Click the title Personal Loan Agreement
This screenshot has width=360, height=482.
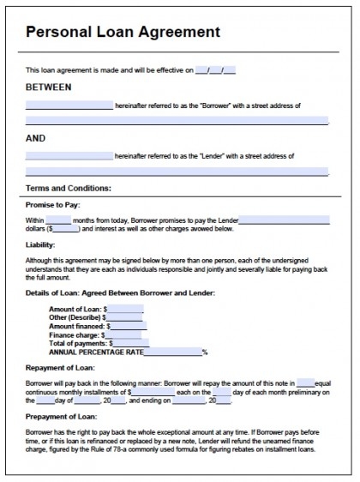click(123, 32)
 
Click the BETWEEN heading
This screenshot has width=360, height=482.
click(49, 87)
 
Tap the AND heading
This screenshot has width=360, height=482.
click(35, 137)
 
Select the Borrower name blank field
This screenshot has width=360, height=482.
click(69, 105)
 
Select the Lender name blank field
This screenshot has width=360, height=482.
click(69, 156)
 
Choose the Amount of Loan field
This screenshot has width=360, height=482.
click(125, 308)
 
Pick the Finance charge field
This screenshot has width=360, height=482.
click(122, 334)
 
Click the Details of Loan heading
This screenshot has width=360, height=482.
click(120, 293)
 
